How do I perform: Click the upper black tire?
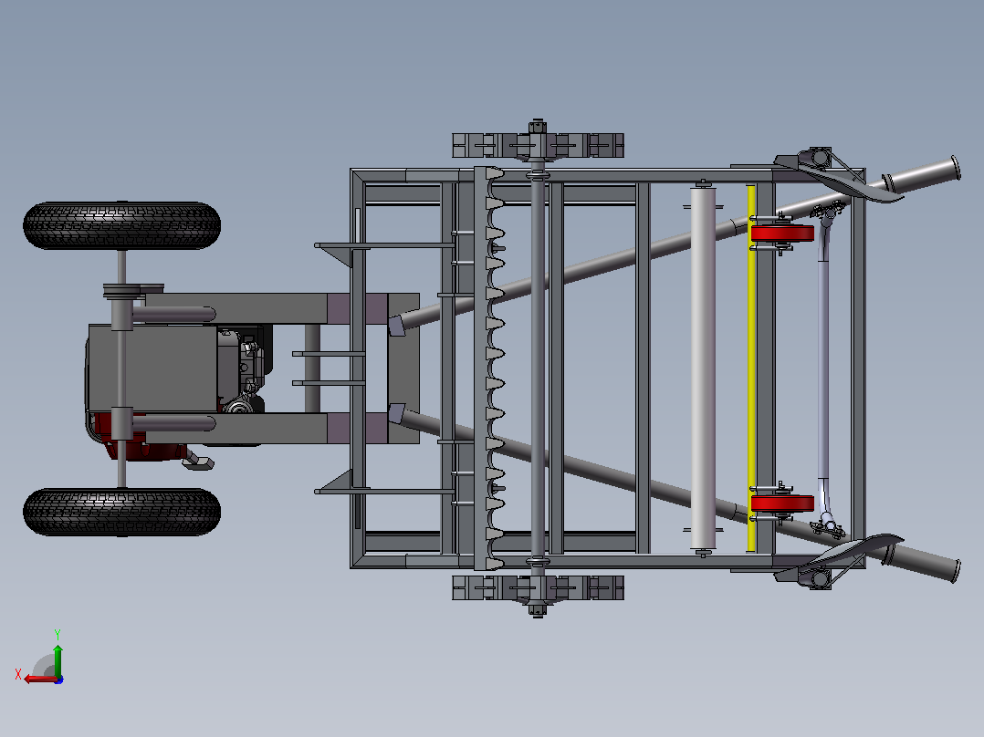[121, 225]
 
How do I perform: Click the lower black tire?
[121, 512]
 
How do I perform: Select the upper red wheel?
[782, 234]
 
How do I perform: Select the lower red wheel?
[782, 503]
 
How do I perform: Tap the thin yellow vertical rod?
[750, 368]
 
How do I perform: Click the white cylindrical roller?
[703, 368]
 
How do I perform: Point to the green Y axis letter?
[58, 634]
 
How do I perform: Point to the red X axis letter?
[18, 674]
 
